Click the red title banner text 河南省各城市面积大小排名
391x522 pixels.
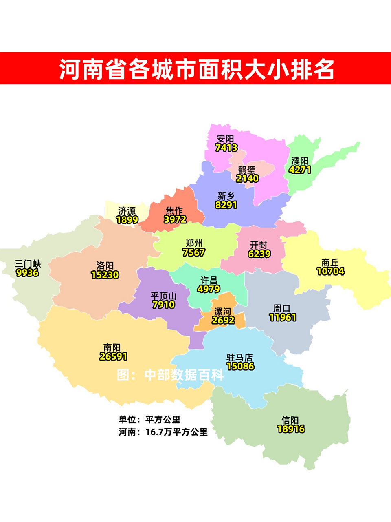[197, 69]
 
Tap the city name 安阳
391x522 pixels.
[225, 139]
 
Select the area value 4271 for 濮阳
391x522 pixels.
[300, 170]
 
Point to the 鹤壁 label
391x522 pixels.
[247, 170]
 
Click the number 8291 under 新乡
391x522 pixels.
[226, 205]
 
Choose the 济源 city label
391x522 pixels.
[127, 211]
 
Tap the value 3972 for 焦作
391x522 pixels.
[175, 220]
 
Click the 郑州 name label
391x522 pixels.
[194, 243]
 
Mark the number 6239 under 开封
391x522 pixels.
[259, 254]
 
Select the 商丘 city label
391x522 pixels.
[330, 262]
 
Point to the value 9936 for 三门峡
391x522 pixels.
[27, 273]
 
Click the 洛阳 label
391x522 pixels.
[105, 265]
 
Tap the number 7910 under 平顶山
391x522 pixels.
[163, 305]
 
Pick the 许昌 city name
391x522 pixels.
[209, 281]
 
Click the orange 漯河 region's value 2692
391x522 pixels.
[223, 321]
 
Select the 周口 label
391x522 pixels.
[282, 308]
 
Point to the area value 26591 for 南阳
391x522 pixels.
[113, 357]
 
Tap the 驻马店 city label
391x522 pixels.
[240, 358]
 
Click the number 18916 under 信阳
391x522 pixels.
[291, 429]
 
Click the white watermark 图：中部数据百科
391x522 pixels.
[170, 375]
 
